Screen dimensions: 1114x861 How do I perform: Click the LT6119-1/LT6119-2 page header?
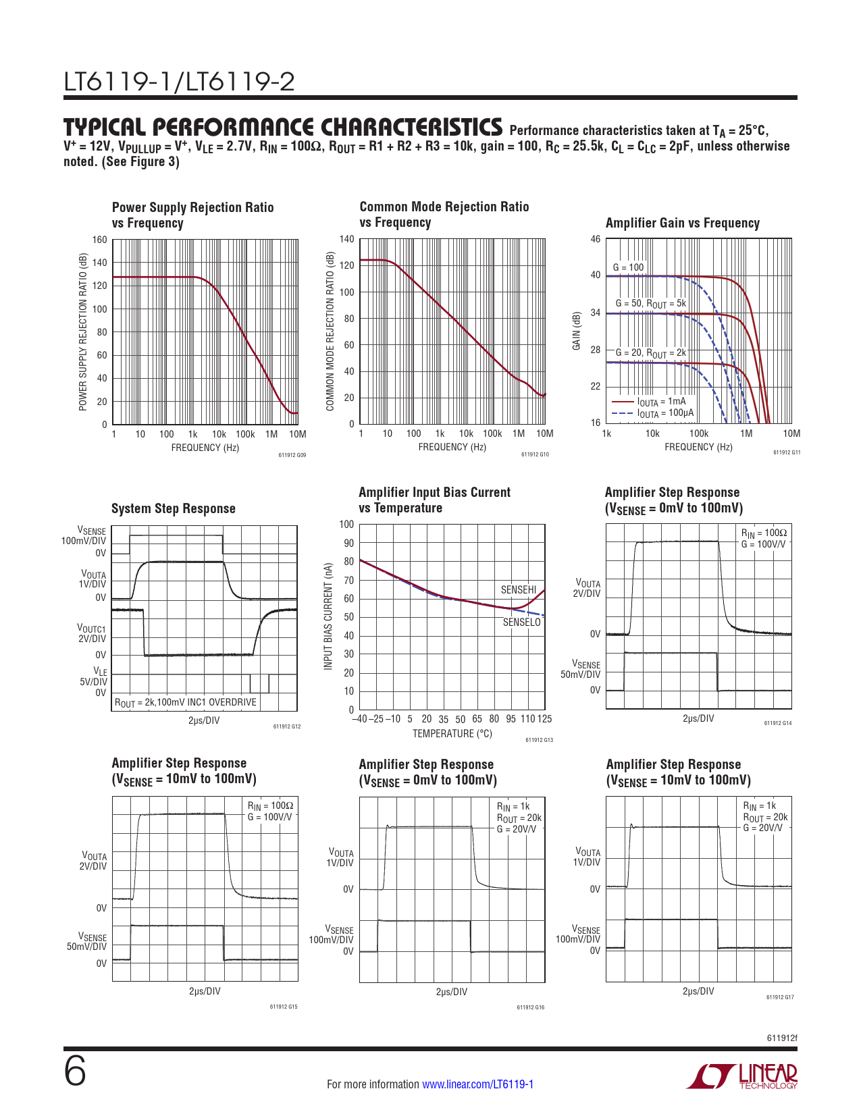[179, 82]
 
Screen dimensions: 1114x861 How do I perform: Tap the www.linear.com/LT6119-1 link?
[477, 1084]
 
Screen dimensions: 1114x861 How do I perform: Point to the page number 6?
[75, 1071]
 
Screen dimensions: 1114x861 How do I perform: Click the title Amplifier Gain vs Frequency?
[682, 223]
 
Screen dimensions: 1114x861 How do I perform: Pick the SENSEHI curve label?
[518, 590]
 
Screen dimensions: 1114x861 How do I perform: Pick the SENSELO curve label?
[521, 622]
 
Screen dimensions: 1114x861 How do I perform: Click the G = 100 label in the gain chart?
[628, 267]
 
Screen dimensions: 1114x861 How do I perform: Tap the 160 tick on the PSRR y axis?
[99, 240]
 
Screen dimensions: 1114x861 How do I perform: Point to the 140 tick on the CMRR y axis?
[346, 239]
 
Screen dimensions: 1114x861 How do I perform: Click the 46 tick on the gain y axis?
[595, 239]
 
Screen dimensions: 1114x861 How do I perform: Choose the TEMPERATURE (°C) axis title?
[452, 734]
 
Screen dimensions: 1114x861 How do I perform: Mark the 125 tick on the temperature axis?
[544, 719]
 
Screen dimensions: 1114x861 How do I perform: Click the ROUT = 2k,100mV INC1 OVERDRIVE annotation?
[186, 702]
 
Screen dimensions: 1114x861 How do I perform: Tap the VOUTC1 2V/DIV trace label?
[92, 633]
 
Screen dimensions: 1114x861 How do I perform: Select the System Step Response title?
[174, 509]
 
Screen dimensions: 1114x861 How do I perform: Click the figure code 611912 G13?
[539, 741]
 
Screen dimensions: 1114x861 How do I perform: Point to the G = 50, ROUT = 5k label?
[650, 304]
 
